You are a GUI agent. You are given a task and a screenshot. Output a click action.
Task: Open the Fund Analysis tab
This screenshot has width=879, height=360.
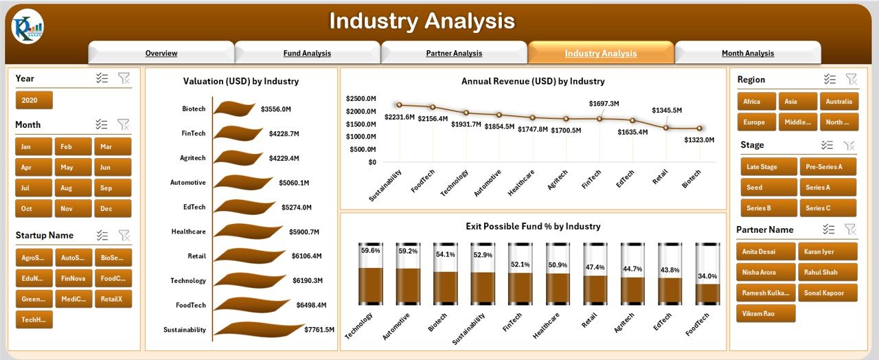coord(307,53)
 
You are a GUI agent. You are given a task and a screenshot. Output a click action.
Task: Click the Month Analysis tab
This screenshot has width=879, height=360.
coord(747,53)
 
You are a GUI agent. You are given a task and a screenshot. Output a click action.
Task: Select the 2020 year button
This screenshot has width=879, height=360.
coord(34,100)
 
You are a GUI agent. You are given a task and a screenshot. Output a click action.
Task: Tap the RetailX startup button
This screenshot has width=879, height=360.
coord(113,299)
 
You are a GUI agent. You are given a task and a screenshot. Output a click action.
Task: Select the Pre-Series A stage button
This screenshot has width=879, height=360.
coord(827,167)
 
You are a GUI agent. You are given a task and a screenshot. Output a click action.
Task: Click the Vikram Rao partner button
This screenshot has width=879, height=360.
coord(766,313)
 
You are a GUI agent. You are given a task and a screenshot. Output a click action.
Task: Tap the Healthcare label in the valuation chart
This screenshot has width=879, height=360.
coord(188,232)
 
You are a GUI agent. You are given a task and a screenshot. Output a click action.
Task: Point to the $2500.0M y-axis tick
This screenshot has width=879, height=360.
coord(362,98)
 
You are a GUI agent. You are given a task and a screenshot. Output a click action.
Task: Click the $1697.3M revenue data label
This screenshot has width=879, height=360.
coord(604,104)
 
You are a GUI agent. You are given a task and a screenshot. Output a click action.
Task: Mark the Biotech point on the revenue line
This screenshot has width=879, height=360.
coord(700,128)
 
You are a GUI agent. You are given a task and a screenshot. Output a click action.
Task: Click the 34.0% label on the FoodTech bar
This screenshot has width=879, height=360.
coord(707,276)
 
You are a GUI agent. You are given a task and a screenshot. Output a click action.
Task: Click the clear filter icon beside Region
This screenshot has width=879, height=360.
coord(851,80)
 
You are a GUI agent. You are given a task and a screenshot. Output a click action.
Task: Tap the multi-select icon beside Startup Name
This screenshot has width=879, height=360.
coord(102,235)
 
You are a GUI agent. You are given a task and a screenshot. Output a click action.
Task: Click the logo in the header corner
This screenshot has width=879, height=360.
coord(27,27)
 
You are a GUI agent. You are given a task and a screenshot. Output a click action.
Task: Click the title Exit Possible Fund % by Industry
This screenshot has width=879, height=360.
coord(532,226)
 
